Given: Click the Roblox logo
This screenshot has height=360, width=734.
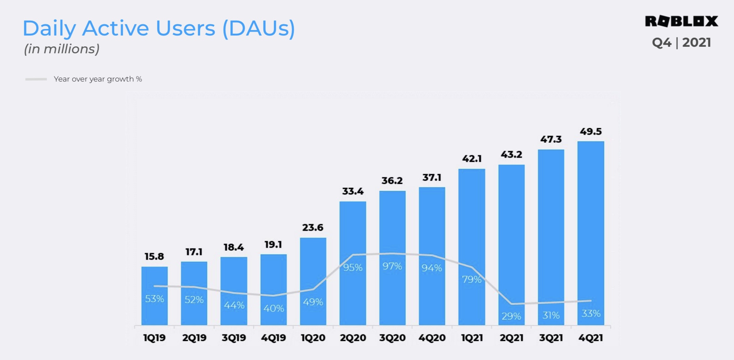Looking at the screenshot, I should (681, 21).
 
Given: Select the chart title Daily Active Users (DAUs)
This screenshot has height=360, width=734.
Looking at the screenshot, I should (159, 28).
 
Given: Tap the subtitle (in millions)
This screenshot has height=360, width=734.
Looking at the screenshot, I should (62, 49).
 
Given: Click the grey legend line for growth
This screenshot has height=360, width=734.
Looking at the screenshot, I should (36, 79).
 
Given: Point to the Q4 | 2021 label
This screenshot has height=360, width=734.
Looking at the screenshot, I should (681, 43).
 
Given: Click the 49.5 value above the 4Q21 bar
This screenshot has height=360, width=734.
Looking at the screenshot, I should (591, 131).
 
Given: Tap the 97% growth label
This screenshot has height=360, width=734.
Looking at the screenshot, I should (392, 266).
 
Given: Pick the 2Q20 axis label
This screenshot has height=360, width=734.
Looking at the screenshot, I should (353, 338).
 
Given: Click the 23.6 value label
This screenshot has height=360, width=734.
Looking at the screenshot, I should (313, 227).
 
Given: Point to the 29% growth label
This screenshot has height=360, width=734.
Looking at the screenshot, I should (511, 316).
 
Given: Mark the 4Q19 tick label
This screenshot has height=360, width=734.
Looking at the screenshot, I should (273, 338).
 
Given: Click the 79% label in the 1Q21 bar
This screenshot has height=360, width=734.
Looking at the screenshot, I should (472, 279).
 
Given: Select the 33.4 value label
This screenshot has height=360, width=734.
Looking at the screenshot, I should (353, 191).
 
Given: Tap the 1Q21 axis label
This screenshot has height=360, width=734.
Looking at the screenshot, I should (472, 338).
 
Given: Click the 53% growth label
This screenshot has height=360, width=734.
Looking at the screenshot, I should (154, 299).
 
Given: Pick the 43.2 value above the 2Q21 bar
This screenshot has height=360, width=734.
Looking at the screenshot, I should (511, 155).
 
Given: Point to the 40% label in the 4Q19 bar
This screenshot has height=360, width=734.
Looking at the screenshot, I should (273, 308).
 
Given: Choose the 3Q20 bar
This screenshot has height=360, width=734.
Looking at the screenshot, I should (392, 225).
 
